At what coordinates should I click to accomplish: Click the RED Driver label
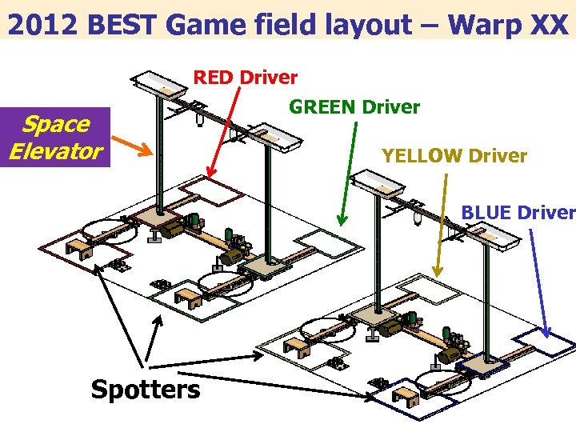246,78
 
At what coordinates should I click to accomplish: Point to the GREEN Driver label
354,106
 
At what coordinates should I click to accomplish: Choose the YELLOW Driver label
454,156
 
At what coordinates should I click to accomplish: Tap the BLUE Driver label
518,213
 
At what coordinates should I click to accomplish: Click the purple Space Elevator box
56,138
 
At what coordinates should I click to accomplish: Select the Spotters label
145,390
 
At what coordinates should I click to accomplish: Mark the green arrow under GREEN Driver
346,171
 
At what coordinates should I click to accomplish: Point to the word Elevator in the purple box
56,150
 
